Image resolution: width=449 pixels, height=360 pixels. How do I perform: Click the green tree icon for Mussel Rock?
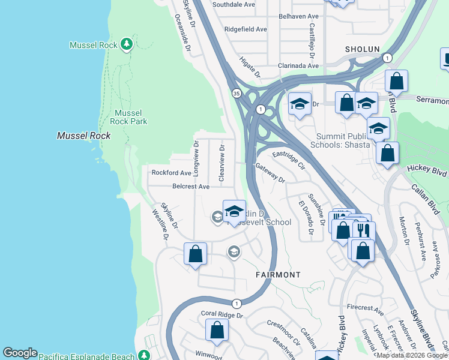(x=126, y=44)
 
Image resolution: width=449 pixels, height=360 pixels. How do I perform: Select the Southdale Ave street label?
(x=234, y=4)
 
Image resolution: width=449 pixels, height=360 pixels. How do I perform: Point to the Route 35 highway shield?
(x=238, y=93)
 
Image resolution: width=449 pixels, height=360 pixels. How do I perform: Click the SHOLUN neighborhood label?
(x=363, y=49)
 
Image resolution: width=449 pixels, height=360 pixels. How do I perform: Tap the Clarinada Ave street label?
(x=289, y=66)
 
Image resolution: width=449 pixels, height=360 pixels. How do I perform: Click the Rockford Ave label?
(x=170, y=173)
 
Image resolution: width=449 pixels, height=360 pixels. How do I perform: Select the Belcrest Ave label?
(x=190, y=187)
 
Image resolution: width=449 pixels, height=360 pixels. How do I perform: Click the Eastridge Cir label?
(x=289, y=160)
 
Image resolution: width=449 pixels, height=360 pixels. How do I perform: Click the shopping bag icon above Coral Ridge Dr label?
(x=217, y=330)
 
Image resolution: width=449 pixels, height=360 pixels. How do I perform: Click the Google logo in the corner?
(x=20, y=353)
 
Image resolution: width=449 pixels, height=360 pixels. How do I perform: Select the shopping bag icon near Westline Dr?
(x=195, y=254)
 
